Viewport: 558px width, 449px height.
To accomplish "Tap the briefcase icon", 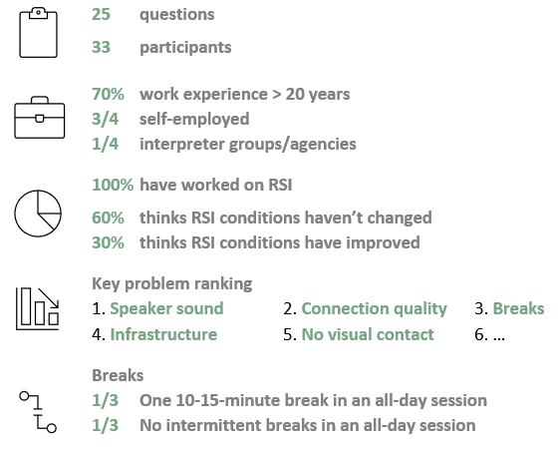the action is coord(40,118).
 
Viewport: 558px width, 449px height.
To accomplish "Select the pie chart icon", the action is coord(38,214).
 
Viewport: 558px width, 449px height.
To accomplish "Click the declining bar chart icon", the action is coord(38,308).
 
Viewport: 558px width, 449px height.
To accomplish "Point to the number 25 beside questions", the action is coord(101,15).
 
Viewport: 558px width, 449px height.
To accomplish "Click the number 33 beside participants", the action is coord(101,48).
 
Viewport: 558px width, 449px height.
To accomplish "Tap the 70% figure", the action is coord(109,94).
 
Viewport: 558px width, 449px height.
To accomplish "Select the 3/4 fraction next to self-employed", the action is coord(105,119).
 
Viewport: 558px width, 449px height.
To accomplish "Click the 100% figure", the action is coord(113,185).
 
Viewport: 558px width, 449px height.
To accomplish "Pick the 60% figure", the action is coord(109,218).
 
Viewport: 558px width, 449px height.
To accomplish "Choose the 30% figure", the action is coord(109,242).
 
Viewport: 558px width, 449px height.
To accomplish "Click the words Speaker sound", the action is coord(167,308).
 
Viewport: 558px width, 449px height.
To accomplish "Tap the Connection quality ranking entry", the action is coord(375,309).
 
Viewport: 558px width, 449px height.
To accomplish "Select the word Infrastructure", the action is coord(163,334).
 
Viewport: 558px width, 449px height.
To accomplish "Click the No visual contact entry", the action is coord(368,334).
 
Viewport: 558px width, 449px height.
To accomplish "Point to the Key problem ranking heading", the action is coord(172,284).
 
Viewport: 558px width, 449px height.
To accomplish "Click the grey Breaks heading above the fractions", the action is coord(118,375).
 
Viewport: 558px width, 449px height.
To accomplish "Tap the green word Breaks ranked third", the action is coord(518,308).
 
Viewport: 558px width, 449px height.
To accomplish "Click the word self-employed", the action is coord(194,120).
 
